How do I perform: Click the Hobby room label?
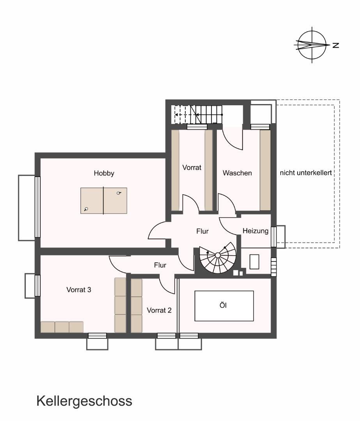(104, 173)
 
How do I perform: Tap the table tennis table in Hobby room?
(104, 201)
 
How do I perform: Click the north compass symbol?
(312, 45)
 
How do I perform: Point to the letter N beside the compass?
(335, 45)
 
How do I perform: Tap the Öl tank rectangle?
(224, 306)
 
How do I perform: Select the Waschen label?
(237, 173)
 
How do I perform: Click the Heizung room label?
(255, 231)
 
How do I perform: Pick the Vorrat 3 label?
(79, 290)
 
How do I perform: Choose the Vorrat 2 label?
(159, 310)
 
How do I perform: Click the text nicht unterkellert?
(306, 173)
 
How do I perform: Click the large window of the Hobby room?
(37, 207)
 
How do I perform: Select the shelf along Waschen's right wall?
(265, 170)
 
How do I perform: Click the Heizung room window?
(274, 237)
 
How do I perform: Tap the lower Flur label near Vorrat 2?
(160, 265)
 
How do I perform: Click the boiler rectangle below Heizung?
(254, 262)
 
